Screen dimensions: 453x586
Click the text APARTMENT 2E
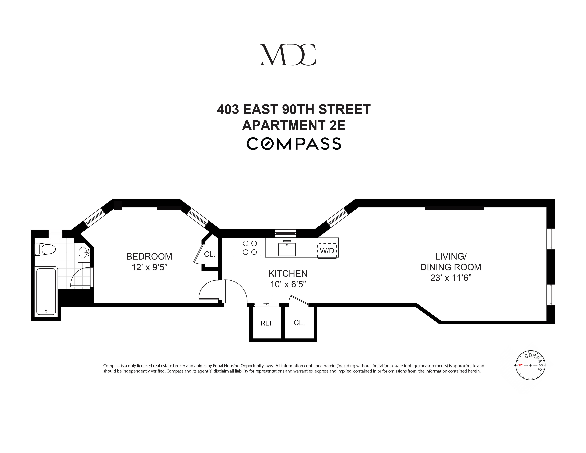tap(294, 125)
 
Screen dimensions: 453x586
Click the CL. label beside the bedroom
tap(209, 254)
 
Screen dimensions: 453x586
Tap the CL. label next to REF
tap(299, 323)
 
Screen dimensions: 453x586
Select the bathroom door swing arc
tap(80, 276)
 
